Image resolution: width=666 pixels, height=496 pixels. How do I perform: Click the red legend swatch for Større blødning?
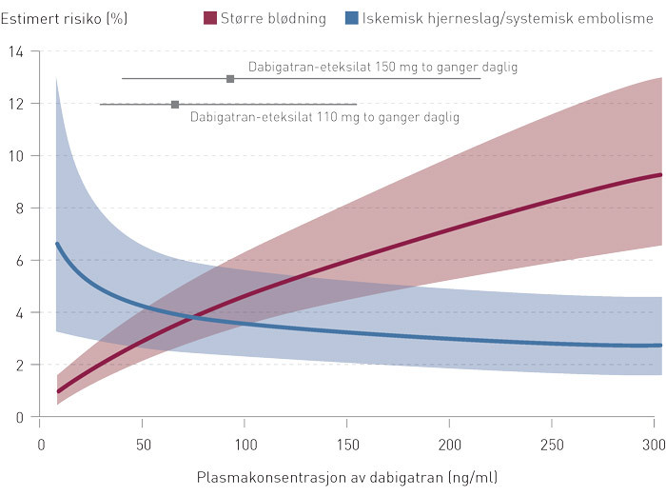pos(211,17)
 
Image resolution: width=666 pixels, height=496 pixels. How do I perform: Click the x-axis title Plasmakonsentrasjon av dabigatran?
pos(347,476)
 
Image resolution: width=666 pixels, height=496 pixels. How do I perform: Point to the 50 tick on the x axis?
pos(143,445)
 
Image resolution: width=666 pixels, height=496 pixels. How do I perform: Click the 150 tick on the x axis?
pos(347,445)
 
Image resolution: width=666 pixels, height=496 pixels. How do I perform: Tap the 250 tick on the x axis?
pos(552,445)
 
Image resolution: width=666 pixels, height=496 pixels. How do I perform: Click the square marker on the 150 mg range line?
pos(230,79)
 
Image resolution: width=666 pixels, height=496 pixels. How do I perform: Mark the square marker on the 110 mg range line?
pos(175,105)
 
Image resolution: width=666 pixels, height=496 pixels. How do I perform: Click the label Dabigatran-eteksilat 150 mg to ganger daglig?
pos(382,68)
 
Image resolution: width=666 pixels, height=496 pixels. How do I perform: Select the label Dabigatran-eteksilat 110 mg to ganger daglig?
pos(324,118)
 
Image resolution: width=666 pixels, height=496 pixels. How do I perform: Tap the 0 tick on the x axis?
pos(41,445)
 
